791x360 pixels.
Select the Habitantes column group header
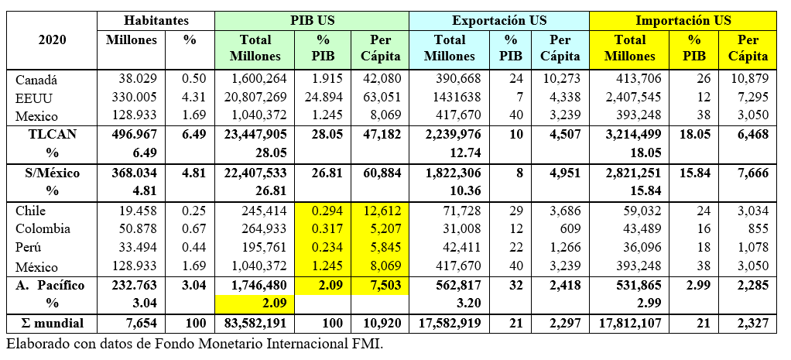pyautogui.click(x=156, y=20)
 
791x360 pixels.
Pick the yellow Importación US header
pyautogui.click(x=683, y=20)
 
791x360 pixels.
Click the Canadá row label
pyautogui.click(x=37, y=79)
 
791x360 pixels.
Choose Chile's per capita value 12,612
pyautogui.click(x=376, y=211)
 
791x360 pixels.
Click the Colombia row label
pyautogui.click(x=43, y=228)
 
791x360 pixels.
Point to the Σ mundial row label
pyautogui.click(x=52, y=321)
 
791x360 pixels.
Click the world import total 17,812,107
pyautogui.click(x=628, y=321)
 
